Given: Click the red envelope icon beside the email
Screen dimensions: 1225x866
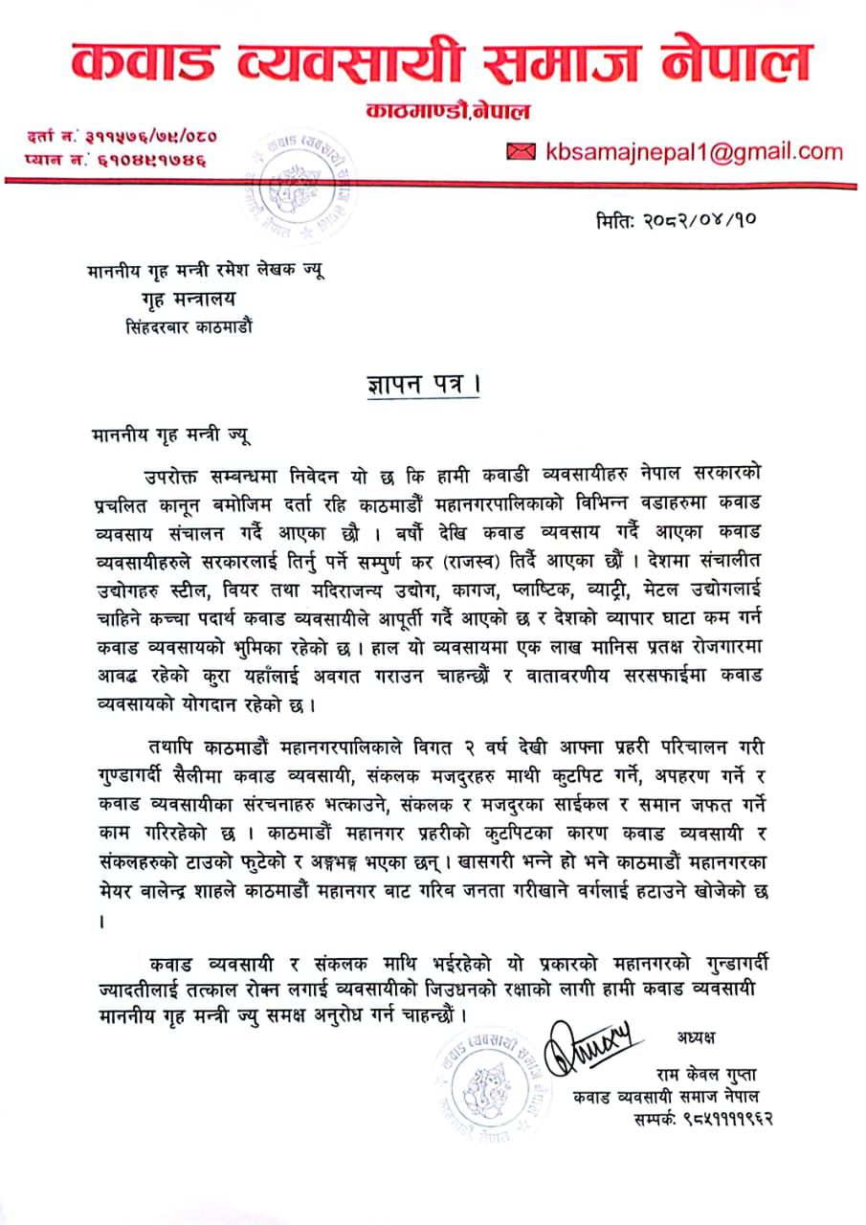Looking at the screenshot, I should pyautogui.click(x=522, y=151).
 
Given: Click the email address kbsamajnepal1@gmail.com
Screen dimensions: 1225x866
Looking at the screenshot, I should pyautogui.click(x=694, y=151).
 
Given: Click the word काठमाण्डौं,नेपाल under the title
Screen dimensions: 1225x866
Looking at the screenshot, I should pyautogui.click(x=447, y=113).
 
